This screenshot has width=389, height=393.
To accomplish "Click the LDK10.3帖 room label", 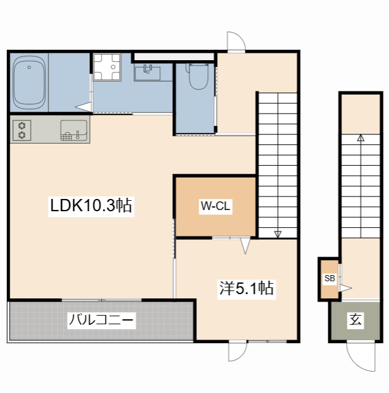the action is tap(91, 206).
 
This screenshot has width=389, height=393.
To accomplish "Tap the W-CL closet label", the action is tap(215, 206).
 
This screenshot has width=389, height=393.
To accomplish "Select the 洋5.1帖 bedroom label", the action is tap(247, 288).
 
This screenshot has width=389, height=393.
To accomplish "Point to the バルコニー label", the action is tap(101, 320).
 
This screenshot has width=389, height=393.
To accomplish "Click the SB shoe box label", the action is tap(329, 278).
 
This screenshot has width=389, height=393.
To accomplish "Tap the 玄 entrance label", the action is tap(355, 319).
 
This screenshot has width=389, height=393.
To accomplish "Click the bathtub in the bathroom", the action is tap(29, 82).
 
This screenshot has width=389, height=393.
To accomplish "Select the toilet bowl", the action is tap(198, 76).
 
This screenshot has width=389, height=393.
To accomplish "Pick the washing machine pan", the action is tap(107, 67).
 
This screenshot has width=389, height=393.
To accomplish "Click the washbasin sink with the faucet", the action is tap(147, 72).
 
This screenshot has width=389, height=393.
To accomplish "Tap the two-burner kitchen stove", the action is tap(22, 130).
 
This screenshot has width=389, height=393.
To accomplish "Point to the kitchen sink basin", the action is tap(74, 130).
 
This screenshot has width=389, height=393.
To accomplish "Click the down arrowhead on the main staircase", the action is tap(277, 234).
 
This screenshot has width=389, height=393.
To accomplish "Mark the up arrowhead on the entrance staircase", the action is tap(361, 138).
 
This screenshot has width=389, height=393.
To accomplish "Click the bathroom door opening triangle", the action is tap(83, 107).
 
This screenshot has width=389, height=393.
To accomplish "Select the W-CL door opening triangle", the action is tap(245, 246).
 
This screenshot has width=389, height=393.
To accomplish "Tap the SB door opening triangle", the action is tap(345, 288).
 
